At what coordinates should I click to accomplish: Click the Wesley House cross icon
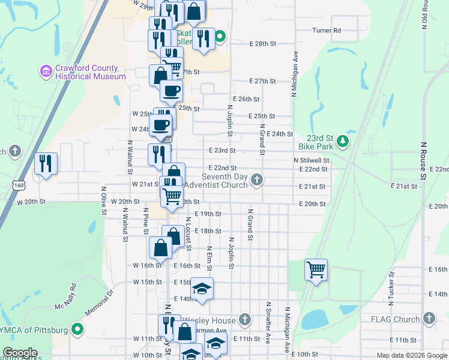tap(244, 320)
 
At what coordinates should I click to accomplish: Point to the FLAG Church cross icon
tap(429, 319)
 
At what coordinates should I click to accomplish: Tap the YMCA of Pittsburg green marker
tap(77, 329)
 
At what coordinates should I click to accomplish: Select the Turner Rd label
tap(327, 30)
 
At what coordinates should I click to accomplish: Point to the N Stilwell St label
tap(311, 161)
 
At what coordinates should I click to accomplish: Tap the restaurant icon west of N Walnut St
tap(45, 163)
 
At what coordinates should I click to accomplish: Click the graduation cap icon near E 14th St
tap(202, 287)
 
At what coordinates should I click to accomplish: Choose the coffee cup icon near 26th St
tap(171, 91)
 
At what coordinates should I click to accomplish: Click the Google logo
tap(19, 353)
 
